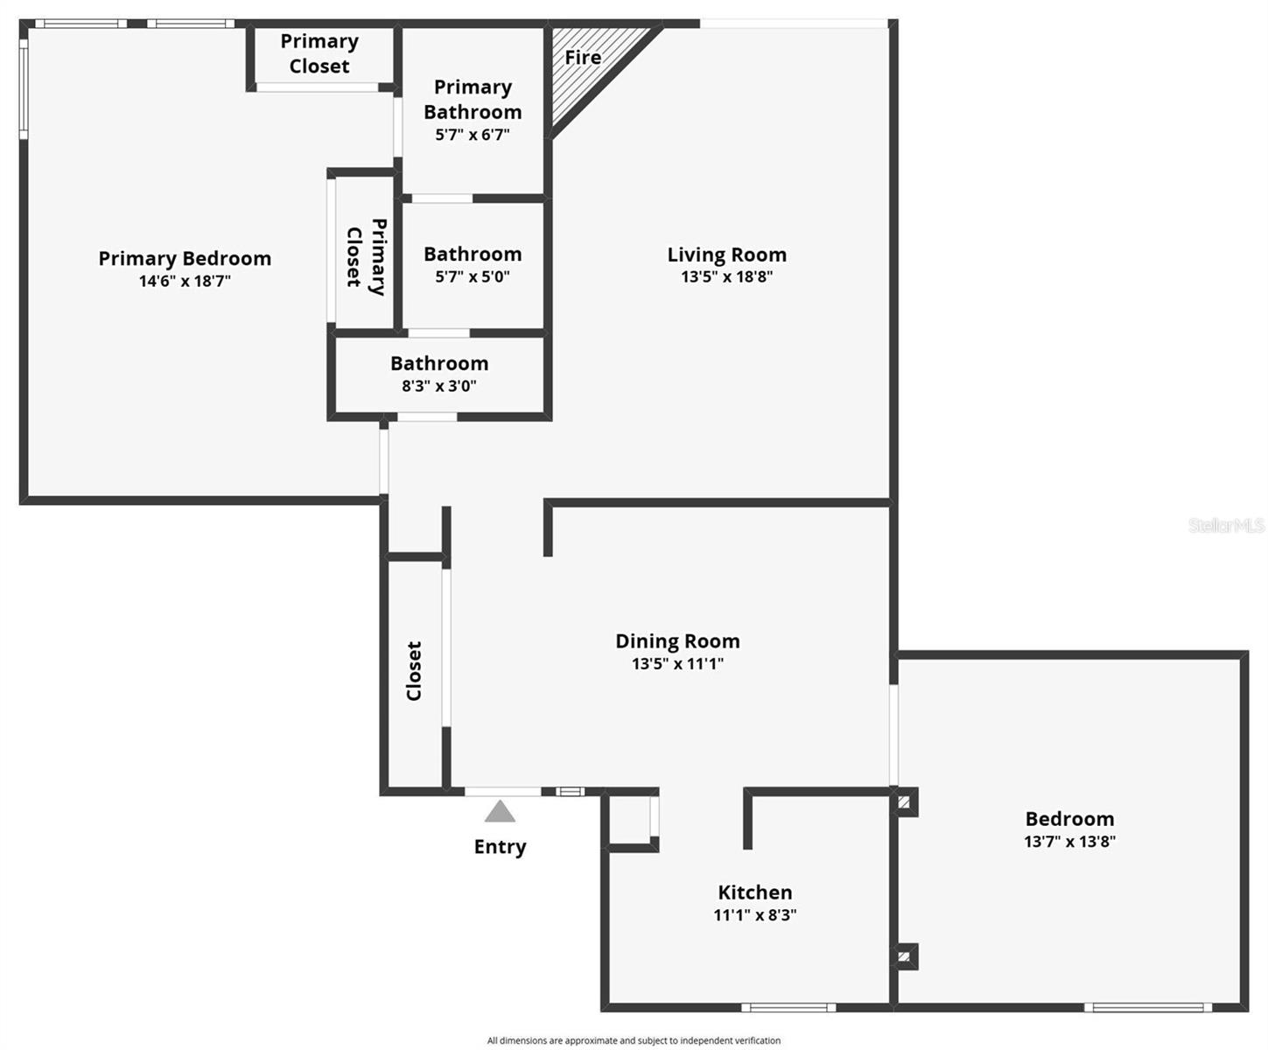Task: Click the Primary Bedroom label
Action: point(185,259)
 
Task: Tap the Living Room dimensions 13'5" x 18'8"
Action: point(727,277)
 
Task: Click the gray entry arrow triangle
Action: point(500,812)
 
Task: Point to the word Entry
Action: point(500,847)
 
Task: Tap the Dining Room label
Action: point(677,641)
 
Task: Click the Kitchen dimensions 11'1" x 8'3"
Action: point(754,915)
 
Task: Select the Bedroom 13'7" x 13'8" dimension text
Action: point(1069,842)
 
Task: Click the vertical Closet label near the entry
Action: point(414,671)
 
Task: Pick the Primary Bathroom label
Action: point(473,99)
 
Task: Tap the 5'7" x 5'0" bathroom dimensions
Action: point(473,277)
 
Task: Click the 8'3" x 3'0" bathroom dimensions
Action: point(439,386)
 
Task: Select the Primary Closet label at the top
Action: point(319,53)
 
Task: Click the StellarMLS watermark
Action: point(1226,525)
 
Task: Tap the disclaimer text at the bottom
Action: point(634,1040)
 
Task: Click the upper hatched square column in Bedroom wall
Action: point(904,801)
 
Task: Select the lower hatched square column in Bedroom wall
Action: point(904,956)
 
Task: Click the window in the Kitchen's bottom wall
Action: point(788,1007)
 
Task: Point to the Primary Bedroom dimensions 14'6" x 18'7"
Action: point(185,282)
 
